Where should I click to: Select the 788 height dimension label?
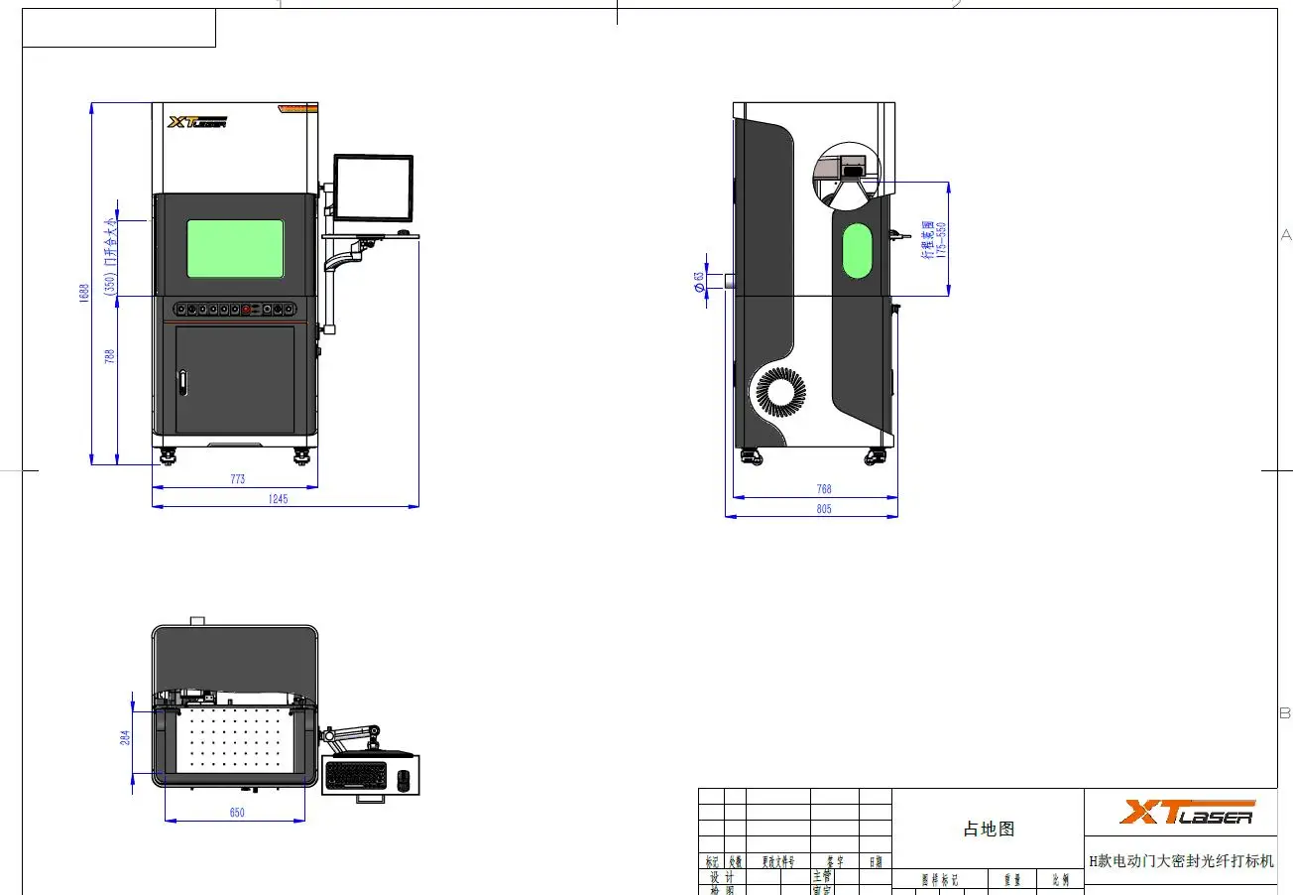(x=110, y=355)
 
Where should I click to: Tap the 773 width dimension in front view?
(x=237, y=479)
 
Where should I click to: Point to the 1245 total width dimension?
(x=278, y=499)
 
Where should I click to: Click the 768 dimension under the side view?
(x=823, y=489)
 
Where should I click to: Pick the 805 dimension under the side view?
(x=823, y=509)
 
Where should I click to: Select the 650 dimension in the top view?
(x=237, y=813)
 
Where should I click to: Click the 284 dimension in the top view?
(x=126, y=739)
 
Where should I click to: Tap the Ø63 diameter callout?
(x=699, y=282)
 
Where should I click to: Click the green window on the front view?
(x=235, y=248)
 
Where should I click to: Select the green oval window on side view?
(x=857, y=251)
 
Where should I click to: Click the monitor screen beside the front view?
(x=373, y=188)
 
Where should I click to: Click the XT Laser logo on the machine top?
(x=197, y=122)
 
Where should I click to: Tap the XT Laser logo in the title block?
(x=1187, y=813)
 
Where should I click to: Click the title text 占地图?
(x=989, y=830)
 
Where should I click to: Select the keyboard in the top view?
(x=358, y=774)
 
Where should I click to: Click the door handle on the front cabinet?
(x=182, y=385)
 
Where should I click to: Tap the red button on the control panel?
(x=245, y=310)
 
